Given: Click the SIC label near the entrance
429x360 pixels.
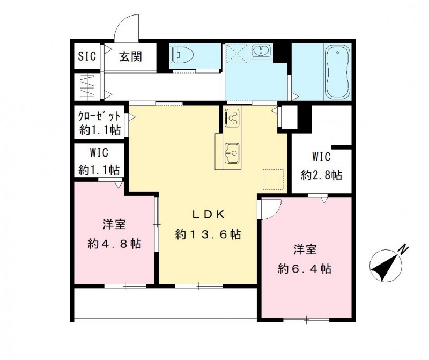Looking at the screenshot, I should click(87, 56).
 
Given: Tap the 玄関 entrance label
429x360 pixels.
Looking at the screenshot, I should click(130, 55).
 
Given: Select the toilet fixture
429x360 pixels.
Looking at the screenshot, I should click(180, 54).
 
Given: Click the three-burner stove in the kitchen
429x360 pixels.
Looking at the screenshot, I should click(233, 117).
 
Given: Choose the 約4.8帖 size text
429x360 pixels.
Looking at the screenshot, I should click(114, 244).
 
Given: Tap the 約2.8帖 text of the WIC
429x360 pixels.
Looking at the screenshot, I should click(321, 174).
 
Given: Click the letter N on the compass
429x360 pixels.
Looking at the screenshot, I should click(403, 248).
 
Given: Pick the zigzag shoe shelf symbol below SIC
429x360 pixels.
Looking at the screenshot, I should click(87, 86).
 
